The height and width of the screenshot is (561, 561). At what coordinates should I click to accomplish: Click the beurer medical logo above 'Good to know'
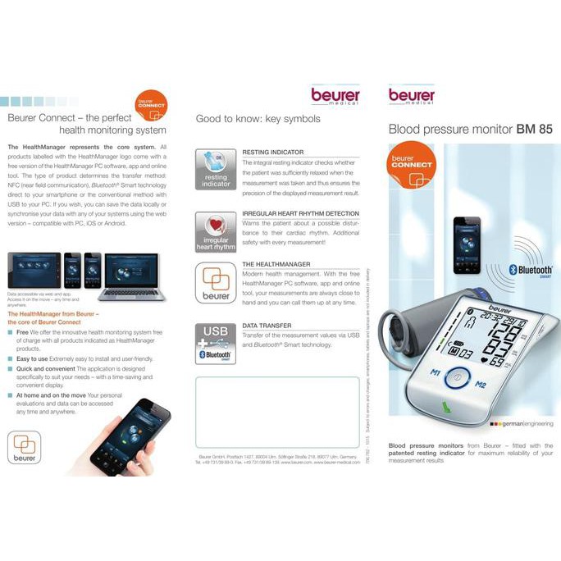(335, 96)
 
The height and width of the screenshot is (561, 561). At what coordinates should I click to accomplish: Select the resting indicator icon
(216, 169)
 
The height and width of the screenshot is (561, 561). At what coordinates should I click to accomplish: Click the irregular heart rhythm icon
(216, 230)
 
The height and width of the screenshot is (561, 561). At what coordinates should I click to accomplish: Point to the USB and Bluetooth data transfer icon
(216, 344)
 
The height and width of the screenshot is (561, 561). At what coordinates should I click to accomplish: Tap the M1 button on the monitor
(436, 373)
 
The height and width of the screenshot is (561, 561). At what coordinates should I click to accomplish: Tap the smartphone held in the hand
(121, 436)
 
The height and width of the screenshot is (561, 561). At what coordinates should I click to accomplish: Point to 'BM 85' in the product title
(534, 130)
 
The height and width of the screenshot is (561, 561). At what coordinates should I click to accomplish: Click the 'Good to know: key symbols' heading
(258, 119)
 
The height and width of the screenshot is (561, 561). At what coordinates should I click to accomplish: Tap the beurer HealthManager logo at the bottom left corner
(24, 449)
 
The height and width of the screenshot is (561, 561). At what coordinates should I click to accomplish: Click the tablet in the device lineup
(34, 270)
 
